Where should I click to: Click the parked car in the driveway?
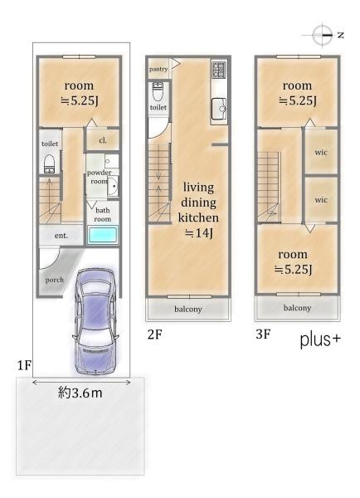tap(95, 320)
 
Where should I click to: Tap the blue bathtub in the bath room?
tap(103, 236)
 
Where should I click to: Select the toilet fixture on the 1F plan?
tap(49, 164)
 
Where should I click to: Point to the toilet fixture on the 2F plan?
tap(157, 91)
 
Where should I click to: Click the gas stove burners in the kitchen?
tap(219, 70)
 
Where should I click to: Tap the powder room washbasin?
tap(112, 186)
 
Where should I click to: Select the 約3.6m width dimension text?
tap(80, 393)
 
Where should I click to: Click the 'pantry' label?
tap(158, 69)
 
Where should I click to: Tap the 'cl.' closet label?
tap(103, 140)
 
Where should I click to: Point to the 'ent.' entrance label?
tap(61, 236)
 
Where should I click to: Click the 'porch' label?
tap(54, 281)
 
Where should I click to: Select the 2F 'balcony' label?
tap(188, 309)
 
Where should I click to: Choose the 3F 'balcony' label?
tap(297, 308)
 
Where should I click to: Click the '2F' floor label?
tap(155, 334)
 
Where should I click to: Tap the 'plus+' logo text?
tap(320, 339)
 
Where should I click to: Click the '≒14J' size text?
tap(199, 233)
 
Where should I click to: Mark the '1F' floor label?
tap(24, 365)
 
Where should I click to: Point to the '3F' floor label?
tap(264, 334)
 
